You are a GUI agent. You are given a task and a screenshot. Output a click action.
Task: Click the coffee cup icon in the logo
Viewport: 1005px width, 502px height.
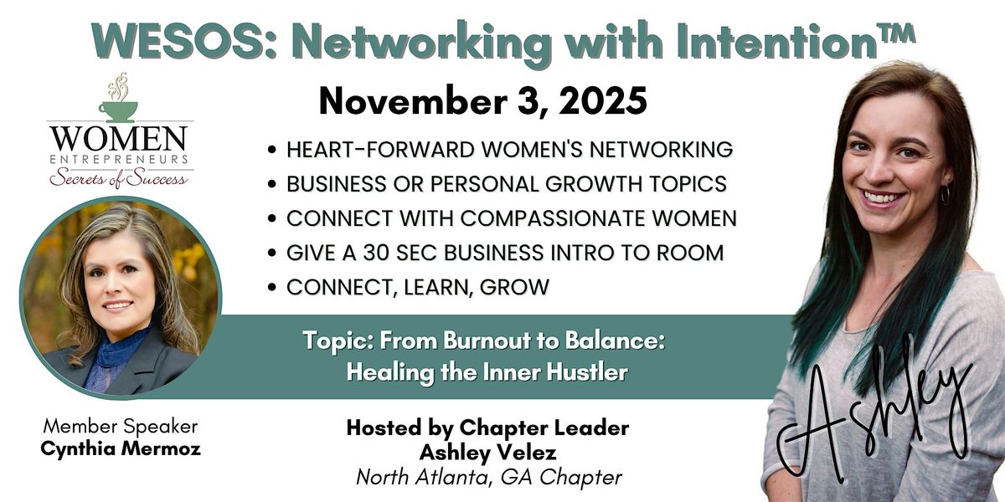tap(118, 109)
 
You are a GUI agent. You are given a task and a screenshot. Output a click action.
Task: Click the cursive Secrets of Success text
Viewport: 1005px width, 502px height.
tap(118, 177)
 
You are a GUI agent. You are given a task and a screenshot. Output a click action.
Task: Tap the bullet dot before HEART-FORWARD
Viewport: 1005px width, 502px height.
tap(273, 151)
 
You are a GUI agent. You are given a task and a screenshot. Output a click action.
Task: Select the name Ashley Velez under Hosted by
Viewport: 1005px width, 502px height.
tap(487, 453)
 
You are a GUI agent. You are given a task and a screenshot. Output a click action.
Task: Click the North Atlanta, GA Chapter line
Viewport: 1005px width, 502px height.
tap(488, 477)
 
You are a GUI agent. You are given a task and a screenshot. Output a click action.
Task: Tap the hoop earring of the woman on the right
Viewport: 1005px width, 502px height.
tap(944, 195)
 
